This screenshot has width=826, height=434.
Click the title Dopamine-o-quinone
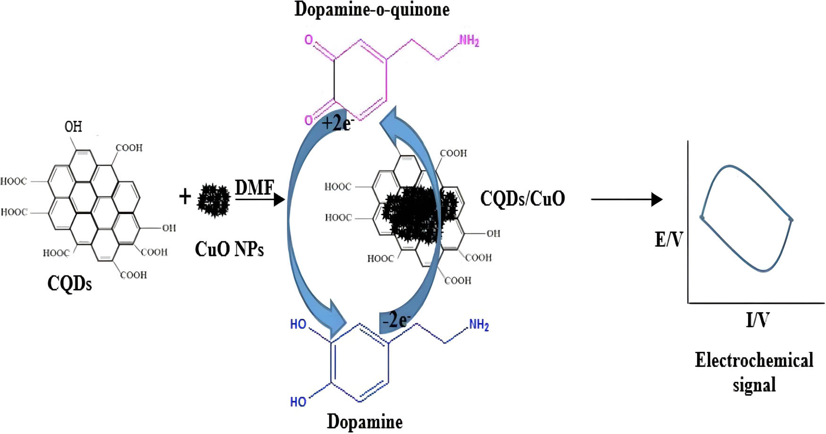point(372,9)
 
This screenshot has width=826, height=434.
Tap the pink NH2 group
point(469,41)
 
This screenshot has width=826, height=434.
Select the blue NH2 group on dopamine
point(479,325)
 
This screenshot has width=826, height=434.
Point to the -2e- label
point(396,320)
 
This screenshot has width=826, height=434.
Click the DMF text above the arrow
point(254,187)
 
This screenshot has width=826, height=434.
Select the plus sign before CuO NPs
point(185,196)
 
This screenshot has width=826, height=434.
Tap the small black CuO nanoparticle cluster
point(214,200)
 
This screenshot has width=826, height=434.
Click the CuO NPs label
point(229,249)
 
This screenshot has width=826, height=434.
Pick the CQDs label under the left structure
point(69,283)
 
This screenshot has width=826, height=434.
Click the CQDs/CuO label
point(523,198)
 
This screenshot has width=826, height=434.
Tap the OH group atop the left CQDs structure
point(73,127)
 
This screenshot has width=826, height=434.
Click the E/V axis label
point(669,240)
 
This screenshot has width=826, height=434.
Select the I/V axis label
point(757,320)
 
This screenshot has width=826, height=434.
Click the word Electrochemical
point(754,360)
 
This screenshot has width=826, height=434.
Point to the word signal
point(754,384)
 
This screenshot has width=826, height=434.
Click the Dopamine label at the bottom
point(364,422)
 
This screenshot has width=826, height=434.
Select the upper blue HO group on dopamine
point(298,324)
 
